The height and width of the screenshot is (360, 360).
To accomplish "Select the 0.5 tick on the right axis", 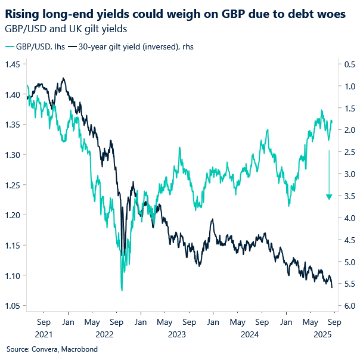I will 347,64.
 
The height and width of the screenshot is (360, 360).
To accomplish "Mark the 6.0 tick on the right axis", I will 347,306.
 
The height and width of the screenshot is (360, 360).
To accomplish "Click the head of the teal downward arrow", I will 328,197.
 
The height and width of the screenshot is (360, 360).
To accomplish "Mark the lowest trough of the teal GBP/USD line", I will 122,290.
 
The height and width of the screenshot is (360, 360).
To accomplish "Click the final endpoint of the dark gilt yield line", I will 332,287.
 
